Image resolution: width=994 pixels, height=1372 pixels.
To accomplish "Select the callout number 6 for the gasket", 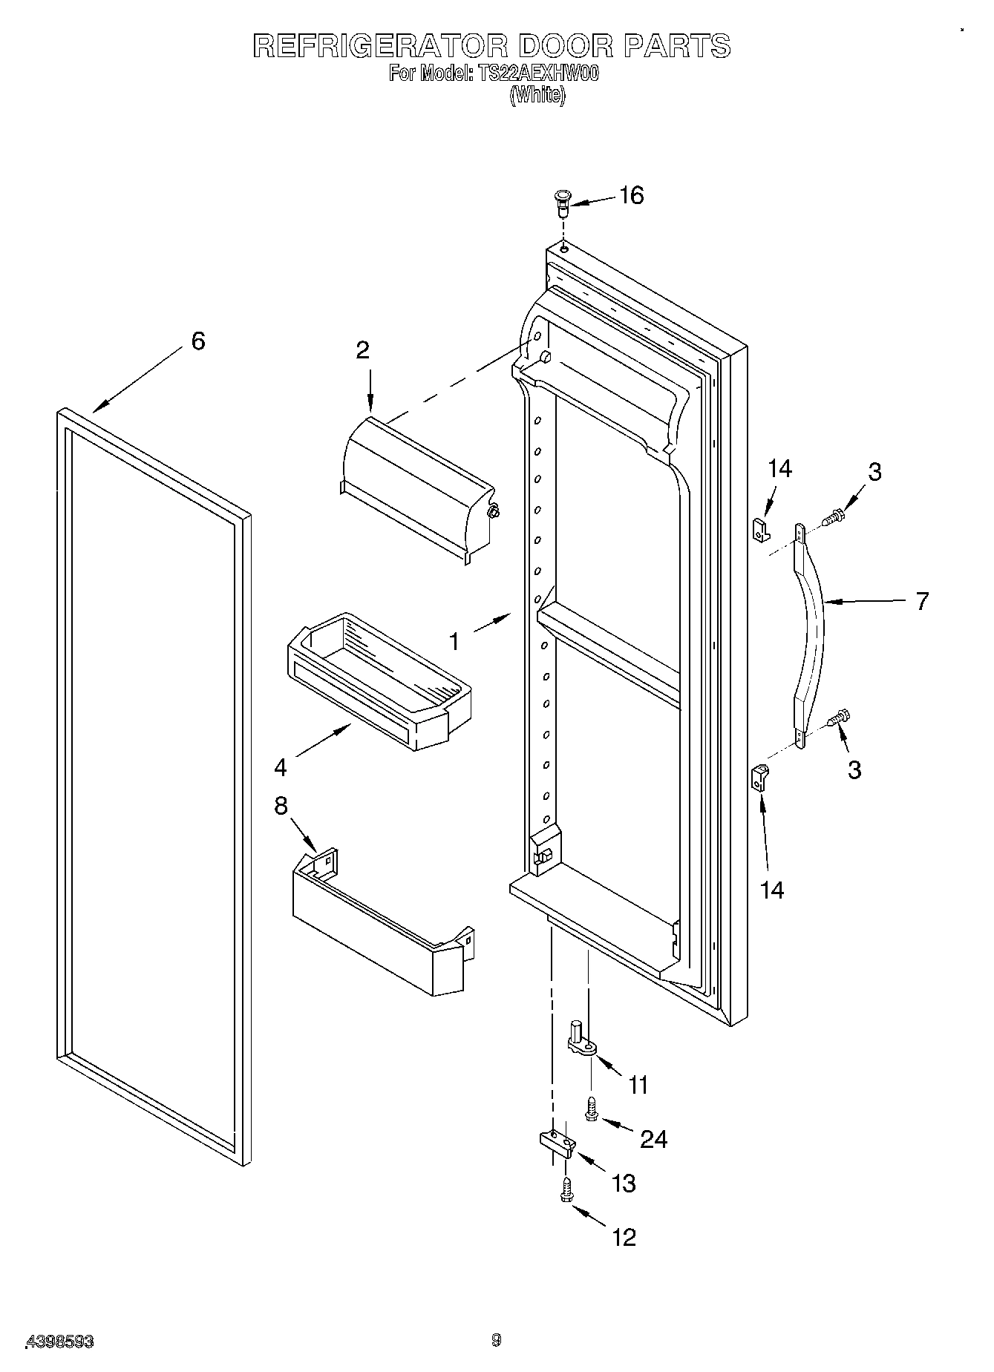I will [197, 341].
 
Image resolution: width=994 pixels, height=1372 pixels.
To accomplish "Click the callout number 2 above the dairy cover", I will [362, 349].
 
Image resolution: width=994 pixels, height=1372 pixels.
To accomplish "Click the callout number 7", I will [921, 601].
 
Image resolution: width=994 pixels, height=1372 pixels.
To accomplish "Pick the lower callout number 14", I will [772, 890].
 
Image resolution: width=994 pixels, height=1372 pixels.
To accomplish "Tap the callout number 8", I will [281, 806].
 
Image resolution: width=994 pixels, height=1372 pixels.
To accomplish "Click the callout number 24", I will [653, 1138].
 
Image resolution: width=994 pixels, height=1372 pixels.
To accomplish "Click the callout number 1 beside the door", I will [454, 640].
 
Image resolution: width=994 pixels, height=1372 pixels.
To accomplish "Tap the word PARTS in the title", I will [676, 46].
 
